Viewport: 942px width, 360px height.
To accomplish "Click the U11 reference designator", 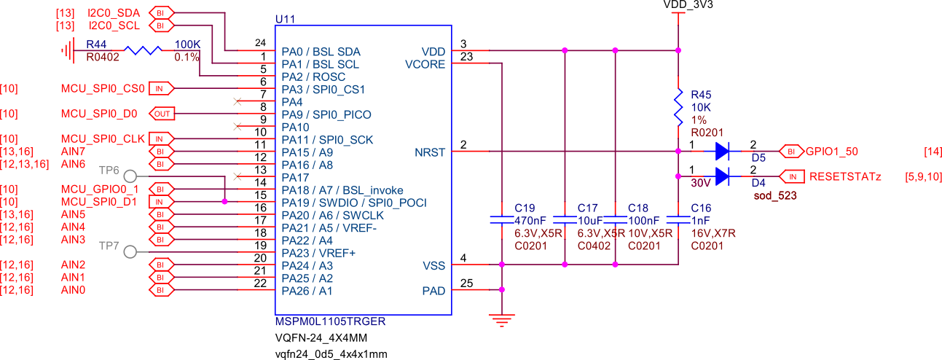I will [x=286, y=18].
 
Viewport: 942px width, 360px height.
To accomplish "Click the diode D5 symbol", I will [x=722, y=152].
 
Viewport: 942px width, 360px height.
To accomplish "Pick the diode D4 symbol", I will [x=722, y=176].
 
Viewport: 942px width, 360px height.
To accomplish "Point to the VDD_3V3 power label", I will [x=688, y=5].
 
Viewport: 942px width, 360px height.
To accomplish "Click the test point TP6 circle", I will [x=130, y=176].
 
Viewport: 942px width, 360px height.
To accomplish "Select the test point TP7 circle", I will [x=130, y=251].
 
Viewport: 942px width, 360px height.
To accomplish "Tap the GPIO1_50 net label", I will [x=831, y=152].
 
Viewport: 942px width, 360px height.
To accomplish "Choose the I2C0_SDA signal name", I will [x=114, y=13].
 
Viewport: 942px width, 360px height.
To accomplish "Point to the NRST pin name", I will [x=430, y=152].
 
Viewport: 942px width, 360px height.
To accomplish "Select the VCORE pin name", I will [x=425, y=64].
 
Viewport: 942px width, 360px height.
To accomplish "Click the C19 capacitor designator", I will [x=524, y=208].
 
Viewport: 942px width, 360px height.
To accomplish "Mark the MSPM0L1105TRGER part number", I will [x=330, y=321].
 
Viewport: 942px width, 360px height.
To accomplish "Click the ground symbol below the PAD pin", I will [x=501, y=317].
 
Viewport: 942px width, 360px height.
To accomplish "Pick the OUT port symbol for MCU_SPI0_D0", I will [x=160, y=114].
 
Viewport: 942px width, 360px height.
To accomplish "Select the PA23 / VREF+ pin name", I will [x=318, y=252].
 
